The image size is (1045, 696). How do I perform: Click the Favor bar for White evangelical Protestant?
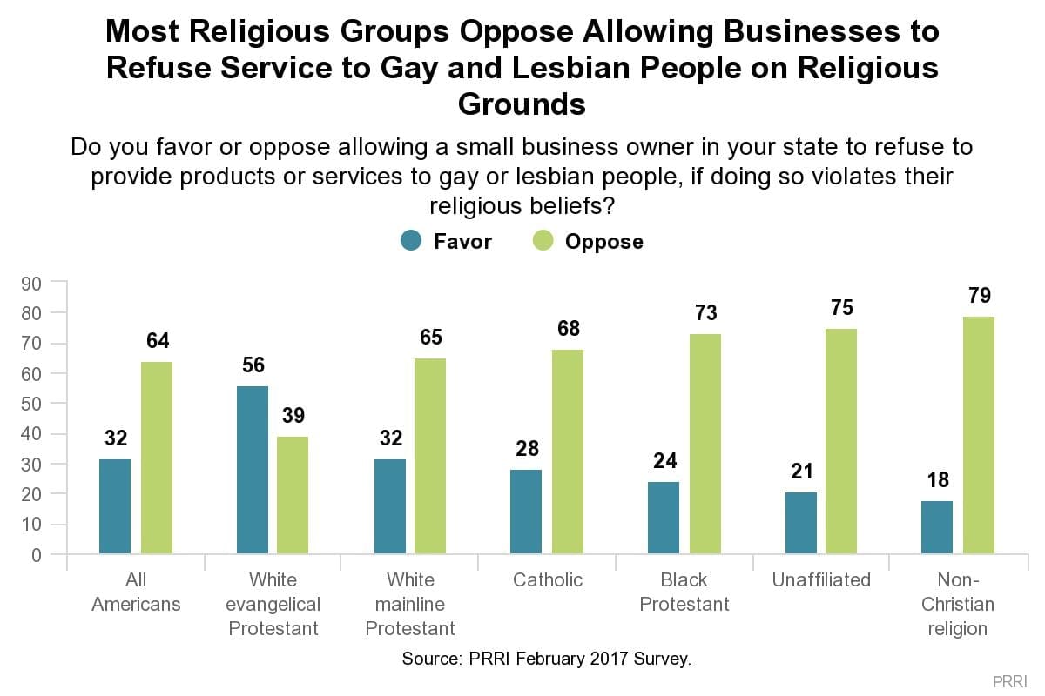tap(253, 470)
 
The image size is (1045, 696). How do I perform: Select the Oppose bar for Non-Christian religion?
tap(979, 435)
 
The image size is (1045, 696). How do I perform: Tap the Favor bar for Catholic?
tap(526, 512)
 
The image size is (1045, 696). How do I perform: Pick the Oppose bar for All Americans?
tap(157, 458)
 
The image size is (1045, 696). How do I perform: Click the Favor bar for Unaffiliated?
tap(801, 523)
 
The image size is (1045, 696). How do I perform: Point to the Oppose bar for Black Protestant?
tap(705, 444)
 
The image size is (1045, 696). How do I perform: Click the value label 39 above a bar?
tap(293, 416)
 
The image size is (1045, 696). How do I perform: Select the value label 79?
tap(979, 296)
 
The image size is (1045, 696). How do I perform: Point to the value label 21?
tap(801, 472)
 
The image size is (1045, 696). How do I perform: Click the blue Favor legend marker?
tap(412, 240)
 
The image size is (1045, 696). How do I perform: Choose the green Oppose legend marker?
tap(543, 240)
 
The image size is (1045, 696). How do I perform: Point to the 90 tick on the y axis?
tap(31, 283)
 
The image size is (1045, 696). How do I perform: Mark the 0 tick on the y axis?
tap(37, 554)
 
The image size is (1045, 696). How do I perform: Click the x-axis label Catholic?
tap(548, 580)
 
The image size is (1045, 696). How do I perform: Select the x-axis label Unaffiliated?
tap(821, 580)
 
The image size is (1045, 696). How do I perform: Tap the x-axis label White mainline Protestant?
tap(410, 604)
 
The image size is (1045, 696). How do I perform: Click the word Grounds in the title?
tap(522, 104)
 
